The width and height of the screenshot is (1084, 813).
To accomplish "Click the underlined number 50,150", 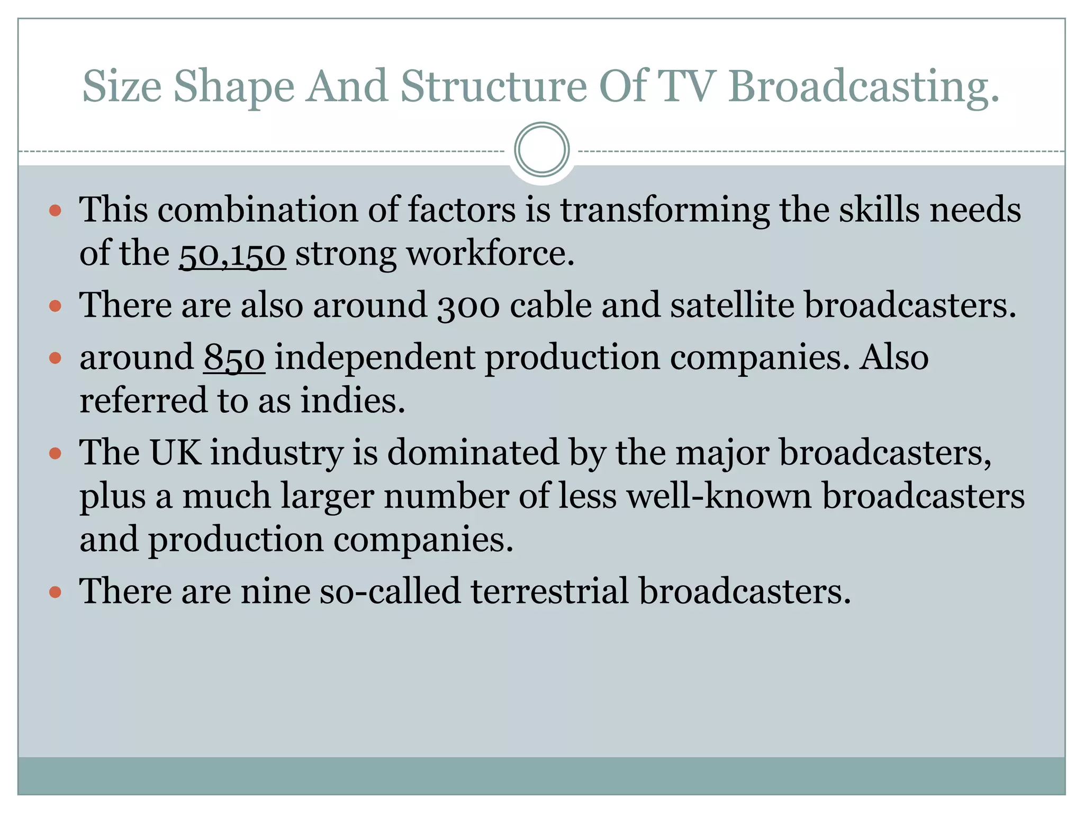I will [x=232, y=254].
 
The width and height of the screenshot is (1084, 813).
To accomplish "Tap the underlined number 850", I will [x=234, y=358].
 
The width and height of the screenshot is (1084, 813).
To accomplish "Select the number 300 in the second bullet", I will [x=468, y=306].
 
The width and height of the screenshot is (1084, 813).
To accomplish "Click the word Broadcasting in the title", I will [x=864, y=86].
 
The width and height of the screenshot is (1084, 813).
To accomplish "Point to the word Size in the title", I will [x=122, y=86].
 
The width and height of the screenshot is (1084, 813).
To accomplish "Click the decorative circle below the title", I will [x=541, y=150].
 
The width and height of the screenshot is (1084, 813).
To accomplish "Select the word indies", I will [x=353, y=401].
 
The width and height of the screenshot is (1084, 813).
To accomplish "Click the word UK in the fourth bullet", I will [x=175, y=453].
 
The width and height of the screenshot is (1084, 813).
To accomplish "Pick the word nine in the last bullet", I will [x=275, y=591].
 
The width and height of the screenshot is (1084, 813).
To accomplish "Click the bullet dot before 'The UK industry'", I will [x=55, y=454].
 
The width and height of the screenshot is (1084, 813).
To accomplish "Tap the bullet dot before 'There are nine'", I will [x=55, y=592].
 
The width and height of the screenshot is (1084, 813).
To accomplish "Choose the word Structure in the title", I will [x=493, y=86].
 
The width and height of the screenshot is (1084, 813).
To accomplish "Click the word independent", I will [x=375, y=358].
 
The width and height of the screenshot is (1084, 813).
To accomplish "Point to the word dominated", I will [x=473, y=453].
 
